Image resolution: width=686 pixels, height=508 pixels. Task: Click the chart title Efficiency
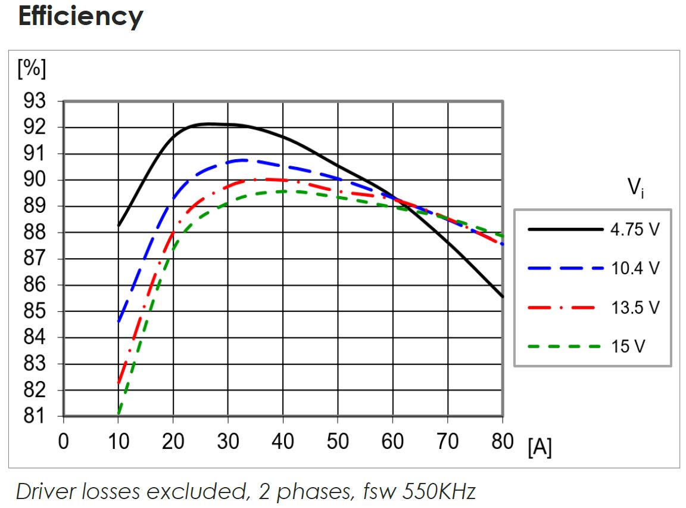coord(80,17)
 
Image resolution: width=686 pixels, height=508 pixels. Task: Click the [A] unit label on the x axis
coord(540,448)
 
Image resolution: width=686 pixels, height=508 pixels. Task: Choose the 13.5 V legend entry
coord(635,308)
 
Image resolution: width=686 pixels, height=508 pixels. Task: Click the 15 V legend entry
coord(627,346)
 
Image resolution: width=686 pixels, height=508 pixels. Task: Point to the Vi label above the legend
coord(635,189)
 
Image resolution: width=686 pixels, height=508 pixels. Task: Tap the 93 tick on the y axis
coord(34,101)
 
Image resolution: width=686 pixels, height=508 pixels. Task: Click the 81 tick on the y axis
coord(34,416)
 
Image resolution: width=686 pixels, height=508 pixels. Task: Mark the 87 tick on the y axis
coord(34,259)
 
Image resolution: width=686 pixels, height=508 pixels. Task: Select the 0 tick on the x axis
coord(63,442)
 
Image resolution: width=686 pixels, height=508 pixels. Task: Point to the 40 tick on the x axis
coord(283,442)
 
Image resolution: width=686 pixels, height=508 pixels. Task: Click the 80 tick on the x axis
coord(503,442)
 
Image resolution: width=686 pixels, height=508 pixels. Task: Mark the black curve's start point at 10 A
coord(119,225)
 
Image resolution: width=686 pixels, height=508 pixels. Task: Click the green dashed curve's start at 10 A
coord(119,414)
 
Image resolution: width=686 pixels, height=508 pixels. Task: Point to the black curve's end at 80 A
coord(503,296)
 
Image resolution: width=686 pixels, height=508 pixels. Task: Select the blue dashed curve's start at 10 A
coord(119,322)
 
